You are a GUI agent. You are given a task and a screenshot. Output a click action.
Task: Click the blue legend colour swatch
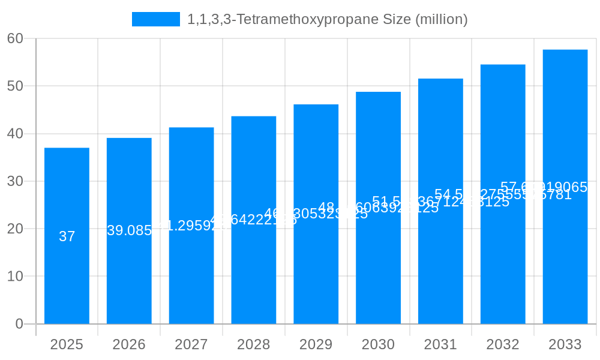(156, 19)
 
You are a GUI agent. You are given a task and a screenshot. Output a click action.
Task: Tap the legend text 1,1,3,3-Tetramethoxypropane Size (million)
(328, 19)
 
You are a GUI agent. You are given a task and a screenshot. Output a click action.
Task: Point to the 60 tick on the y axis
(15, 38)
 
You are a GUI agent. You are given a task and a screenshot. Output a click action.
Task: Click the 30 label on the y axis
(15, 181)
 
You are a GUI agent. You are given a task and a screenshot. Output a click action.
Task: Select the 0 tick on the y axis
(19, 324)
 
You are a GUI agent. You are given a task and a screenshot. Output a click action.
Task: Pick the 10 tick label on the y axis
(15, 277)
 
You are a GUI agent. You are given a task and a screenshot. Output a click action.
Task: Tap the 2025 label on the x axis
(67, 344)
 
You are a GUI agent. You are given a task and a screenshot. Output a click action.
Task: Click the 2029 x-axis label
(316, 344)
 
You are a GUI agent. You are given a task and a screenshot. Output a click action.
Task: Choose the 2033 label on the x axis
(565, 344)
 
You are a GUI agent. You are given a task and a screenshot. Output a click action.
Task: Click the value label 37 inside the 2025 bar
(67, 236)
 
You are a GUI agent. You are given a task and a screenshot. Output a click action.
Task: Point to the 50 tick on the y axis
(15, 86)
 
